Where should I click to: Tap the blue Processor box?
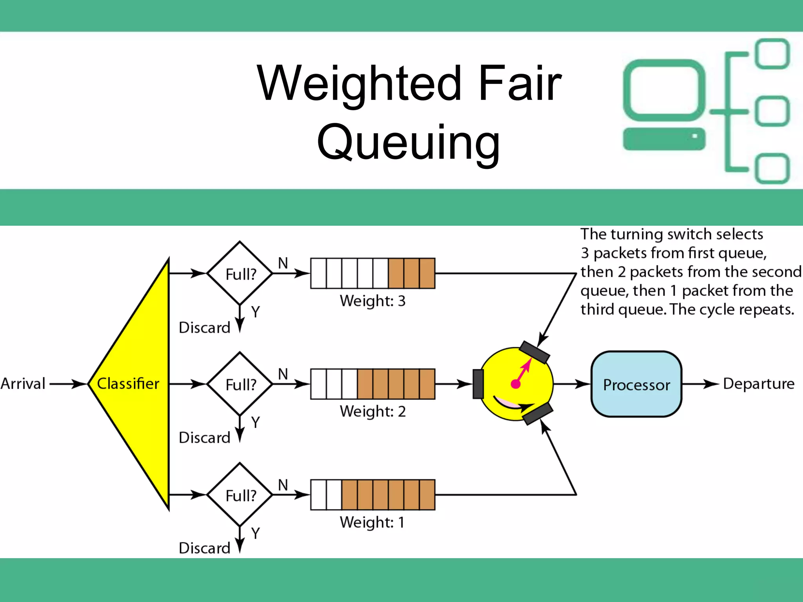coord(636,384)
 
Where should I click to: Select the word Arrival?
coord(23,384)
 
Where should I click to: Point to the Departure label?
coord(758,384)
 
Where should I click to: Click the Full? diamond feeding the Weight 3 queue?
coord(240,274)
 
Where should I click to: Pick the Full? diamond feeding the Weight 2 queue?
coord(240,384)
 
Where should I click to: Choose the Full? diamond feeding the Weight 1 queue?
coord(240,495)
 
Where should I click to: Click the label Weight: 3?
coord(372,301)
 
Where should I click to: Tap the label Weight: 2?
coord(372,412)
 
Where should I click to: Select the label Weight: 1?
coord(372,522)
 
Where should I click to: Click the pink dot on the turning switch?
coord(516,384)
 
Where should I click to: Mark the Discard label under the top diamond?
coord(204,328)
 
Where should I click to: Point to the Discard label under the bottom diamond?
coord(204,548)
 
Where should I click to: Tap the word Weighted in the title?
coord(359,83)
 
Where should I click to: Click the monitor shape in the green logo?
coord(664,90)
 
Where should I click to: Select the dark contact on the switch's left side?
coord(478,384)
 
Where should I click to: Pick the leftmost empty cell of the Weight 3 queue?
coord(318,274)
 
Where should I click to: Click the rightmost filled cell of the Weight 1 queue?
coord(427,495)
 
